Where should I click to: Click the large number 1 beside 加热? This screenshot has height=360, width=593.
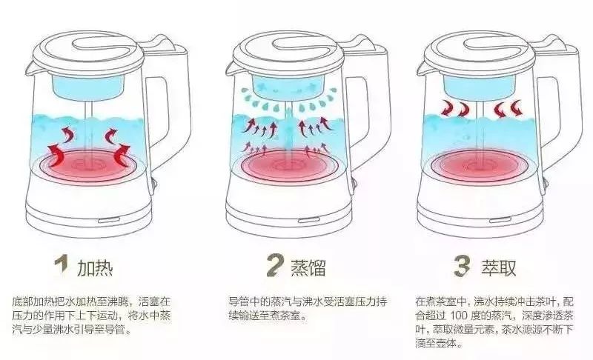[x=62, y=265]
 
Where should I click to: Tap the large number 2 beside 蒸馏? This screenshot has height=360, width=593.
[x=275, y=265]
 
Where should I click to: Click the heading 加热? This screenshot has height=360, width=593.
[x=96, y=266]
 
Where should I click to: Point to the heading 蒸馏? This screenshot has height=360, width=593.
[x=307, y=266]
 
